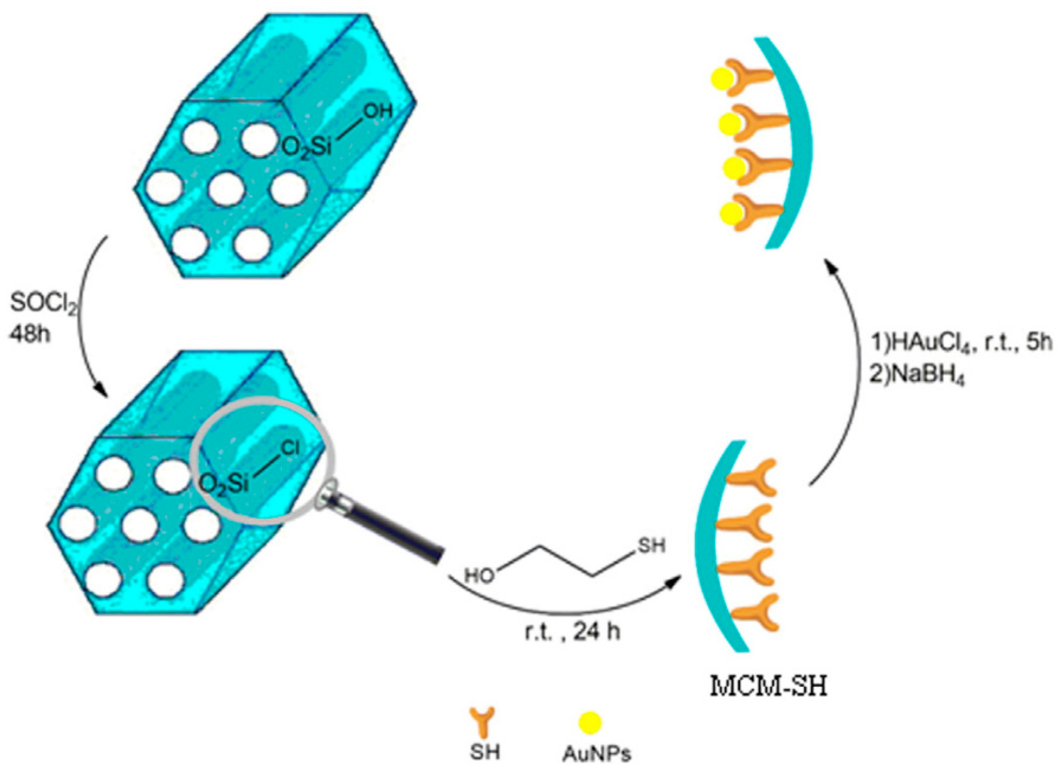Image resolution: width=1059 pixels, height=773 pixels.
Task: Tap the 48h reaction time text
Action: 30,334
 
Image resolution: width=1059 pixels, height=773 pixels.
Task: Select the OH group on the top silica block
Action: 378,111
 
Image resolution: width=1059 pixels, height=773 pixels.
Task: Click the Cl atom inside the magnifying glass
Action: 290,449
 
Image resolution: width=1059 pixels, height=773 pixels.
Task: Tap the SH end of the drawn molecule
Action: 651,546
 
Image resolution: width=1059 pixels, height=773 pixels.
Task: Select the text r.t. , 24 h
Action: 572,632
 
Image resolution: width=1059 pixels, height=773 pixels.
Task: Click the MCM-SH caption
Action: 768,686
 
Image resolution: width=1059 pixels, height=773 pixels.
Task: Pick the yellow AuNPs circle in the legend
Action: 590,722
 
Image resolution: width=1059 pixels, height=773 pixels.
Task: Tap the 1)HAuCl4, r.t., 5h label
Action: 960,342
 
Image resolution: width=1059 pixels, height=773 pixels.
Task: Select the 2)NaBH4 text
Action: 916,375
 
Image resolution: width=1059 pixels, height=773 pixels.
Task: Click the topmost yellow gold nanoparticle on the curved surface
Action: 721,78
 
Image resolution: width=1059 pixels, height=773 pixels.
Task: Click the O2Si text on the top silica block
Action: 306,147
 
